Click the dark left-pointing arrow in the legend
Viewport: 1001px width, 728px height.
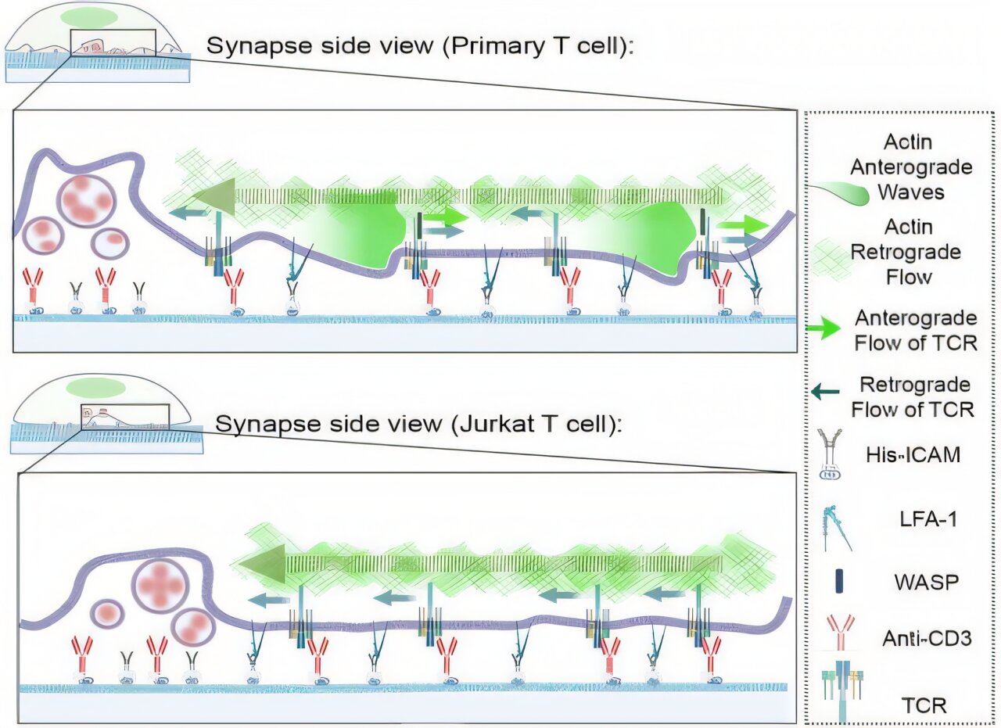tap(826, 393)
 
